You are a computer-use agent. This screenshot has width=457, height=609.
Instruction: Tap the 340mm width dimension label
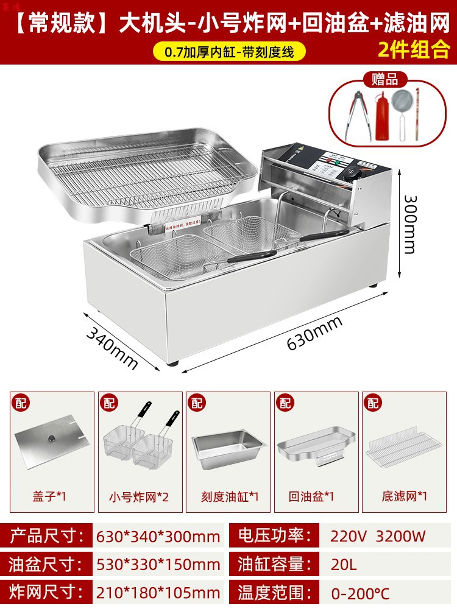113,347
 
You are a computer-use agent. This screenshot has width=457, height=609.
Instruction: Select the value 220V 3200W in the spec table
378,537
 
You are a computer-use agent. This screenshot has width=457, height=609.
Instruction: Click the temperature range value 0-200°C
360,592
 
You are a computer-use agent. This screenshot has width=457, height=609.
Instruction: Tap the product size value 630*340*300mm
158,537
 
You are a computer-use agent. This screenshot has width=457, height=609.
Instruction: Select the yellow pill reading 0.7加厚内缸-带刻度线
228,52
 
